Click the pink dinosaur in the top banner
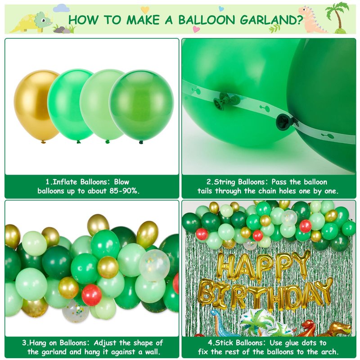(312, 19)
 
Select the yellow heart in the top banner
(145, 10)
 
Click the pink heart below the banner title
(196, 29)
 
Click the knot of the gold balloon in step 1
(43, 142)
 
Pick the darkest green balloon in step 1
(141, 106)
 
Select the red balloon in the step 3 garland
(92, 295)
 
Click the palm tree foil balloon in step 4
(264, 323)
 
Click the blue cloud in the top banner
(62, 8)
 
